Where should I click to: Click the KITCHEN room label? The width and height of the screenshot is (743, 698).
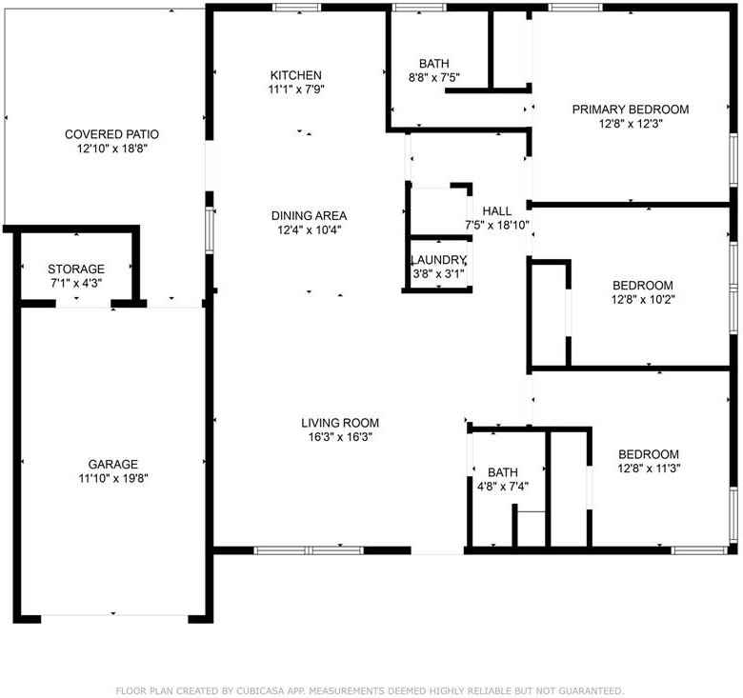click(295, 75)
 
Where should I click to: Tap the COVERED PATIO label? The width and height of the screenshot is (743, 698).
click(111, 134)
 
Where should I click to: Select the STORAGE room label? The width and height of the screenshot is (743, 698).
click(76, 269)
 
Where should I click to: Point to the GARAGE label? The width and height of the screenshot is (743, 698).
click(113, 465)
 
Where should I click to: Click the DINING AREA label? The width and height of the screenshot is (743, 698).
click(309, 215)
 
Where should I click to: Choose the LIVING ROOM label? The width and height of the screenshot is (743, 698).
click(340, 423)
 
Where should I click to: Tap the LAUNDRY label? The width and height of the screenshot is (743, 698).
click(438, 261)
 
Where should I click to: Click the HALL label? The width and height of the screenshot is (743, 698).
click(496, 211)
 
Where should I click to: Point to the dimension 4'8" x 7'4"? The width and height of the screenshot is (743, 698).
click(502, 486)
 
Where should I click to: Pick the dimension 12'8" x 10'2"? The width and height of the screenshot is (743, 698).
click(642, 299)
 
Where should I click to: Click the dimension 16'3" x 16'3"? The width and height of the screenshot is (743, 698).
click(340, 437)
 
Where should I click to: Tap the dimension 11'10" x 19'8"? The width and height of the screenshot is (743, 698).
click(113, 479)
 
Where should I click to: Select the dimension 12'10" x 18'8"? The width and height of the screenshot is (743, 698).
click(111, 149)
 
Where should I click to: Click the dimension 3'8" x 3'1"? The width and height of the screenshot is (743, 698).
click(438, 274)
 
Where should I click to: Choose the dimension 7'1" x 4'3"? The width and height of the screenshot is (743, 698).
click(76, 283)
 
